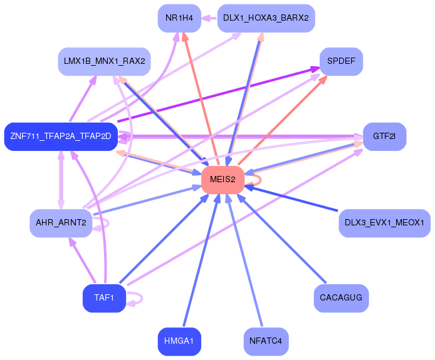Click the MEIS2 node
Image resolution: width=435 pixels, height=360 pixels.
pos(223,180)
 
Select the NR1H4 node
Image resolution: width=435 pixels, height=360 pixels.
pos(179,18)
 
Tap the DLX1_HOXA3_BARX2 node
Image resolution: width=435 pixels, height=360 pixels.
pos(266,18)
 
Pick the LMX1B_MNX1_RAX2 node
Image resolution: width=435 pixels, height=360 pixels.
pos(104,61)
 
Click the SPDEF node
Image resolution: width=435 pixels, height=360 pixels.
pos(341,61)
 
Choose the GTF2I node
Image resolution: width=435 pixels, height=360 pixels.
pos(384,136)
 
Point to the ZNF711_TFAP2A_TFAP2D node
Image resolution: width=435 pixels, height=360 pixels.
pos(61,136)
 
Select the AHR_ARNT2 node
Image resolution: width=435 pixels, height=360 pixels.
pos(61,223)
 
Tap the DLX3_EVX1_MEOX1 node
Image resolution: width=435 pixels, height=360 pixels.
pos(384,223)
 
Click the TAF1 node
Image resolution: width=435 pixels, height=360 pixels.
pos(104,298)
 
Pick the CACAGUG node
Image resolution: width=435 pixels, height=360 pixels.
pos(341,298)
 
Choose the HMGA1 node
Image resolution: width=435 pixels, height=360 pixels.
pos(179,341)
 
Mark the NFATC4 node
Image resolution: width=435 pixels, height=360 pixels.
pos(266,341)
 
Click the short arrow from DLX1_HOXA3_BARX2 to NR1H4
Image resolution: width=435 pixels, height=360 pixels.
pos(209,18)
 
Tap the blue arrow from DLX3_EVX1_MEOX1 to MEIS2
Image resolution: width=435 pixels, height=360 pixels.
pos(291,198)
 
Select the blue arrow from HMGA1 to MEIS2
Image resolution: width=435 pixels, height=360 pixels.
pos(201,260)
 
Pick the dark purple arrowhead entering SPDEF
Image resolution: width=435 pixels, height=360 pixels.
pos(315,68)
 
